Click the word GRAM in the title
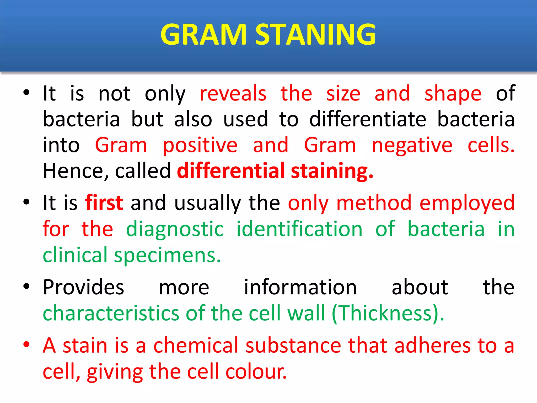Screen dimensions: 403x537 (203, 35)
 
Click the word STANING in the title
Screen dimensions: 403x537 (315, 35)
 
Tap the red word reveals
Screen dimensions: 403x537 (233, 94)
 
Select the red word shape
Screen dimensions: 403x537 (453, 94)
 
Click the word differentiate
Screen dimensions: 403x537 (368, 119)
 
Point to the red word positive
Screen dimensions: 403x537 (200, 145)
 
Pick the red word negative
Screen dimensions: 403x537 (412, 145)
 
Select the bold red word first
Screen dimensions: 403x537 (104, 203)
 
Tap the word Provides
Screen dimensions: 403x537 (83, 287)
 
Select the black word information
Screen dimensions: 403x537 (300, 287)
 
